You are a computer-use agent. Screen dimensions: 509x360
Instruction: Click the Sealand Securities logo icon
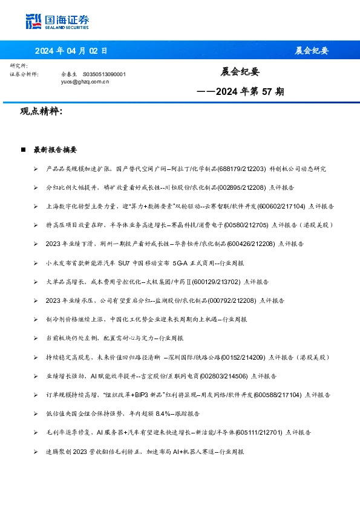(x=33, y=22)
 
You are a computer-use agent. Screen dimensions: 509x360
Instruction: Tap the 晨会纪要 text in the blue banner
(x=312, y=51)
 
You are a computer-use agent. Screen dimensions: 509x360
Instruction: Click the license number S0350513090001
(x=104, y=74)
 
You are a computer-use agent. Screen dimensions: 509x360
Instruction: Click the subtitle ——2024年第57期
(x=241, y=92)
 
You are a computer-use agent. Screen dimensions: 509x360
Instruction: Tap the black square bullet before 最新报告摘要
(x=23, y=149)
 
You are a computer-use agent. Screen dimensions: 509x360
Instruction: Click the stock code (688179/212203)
(x=245, y=169)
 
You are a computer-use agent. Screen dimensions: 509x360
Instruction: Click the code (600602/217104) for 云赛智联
(x=279, y=206)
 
